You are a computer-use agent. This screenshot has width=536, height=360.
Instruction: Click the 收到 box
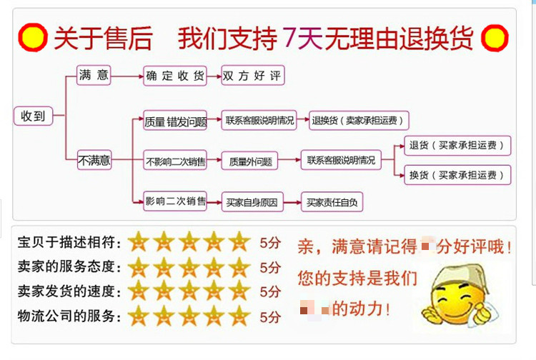coord(33,115)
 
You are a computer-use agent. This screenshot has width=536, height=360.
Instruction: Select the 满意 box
coord(94,75)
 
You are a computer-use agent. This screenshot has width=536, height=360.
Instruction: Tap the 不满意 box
coord(94,161)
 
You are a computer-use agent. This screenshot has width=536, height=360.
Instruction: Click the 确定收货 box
coord(174,76)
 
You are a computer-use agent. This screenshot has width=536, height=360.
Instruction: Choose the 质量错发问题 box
coord(175,121)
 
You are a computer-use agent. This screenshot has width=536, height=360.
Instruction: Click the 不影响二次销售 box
coord(175,161)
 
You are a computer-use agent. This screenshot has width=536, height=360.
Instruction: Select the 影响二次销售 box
coord(175,202)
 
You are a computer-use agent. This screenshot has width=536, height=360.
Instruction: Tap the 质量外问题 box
coord(250,161)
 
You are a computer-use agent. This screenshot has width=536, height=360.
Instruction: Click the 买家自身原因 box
coord(251,202)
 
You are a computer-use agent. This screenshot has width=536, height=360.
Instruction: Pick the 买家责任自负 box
coord(331,202)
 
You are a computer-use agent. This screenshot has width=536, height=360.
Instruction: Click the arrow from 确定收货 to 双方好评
coord(213,76)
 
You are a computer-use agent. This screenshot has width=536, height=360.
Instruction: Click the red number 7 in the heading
coord(289,37)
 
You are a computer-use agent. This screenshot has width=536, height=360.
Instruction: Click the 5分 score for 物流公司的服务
coord(270,316)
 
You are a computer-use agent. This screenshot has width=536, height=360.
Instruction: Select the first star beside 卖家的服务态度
coord(139,267)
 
